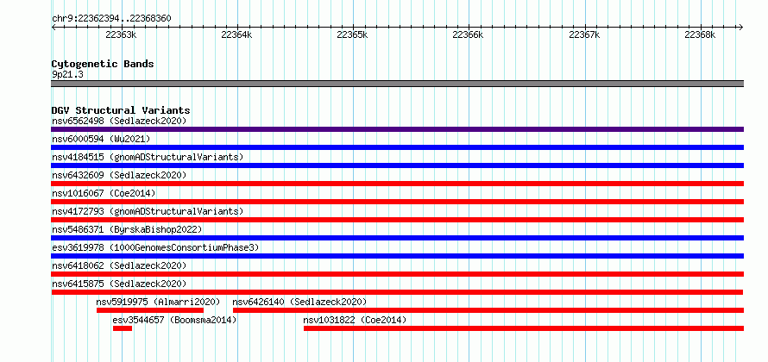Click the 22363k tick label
coord(121,34)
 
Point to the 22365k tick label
coord(353,34)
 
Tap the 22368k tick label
coord(700,34)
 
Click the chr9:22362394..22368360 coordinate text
coord(111,19)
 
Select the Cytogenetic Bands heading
coord(103,64)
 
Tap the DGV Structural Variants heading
coord(121,110)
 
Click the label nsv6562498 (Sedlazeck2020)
coord(119,121)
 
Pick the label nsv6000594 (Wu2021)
coord(101,139)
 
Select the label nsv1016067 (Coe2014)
coord(104,193)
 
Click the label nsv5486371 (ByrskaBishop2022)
coord(127,229)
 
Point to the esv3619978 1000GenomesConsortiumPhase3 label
coord(155,247)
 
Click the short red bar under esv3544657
coord(123,328)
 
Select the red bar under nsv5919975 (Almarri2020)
coord(150,310)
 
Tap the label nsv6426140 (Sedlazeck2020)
coord(299,302)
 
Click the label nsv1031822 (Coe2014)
coord(355,320)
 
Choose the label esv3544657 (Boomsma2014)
coord(174,320)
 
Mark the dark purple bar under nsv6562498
coord(397,129)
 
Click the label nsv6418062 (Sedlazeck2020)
coord(119,265)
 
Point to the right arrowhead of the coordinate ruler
coord(741,27)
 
